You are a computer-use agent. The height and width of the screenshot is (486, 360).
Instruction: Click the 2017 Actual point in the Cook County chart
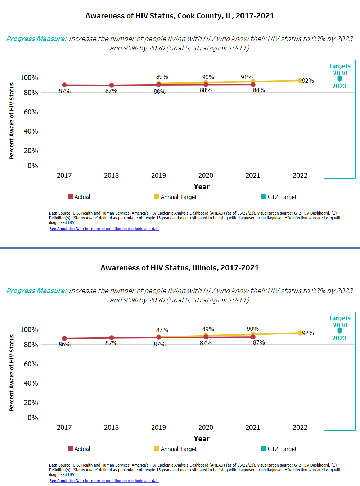click(x=64, y=85)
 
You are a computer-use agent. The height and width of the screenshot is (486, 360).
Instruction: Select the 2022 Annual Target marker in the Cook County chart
click(x=300, y=81)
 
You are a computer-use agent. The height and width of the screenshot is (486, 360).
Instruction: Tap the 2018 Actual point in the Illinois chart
click(x=111, y=338)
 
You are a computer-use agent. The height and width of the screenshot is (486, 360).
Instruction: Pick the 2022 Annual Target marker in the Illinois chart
click(x=300, y=333)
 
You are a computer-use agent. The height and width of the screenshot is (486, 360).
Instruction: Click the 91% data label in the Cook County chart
click(x=247, y=77)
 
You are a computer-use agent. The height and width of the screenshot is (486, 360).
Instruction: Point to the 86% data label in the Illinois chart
click(x=64, y=344)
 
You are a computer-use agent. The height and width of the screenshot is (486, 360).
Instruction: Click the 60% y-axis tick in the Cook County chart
click(x=31, y=112)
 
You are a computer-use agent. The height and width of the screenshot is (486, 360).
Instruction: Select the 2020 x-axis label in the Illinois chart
click(x=206, y=427)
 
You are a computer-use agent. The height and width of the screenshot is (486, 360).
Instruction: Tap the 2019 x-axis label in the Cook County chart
click(x=158, y=175)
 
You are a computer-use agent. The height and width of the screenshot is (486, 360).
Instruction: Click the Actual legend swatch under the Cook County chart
click(x=70, y=197)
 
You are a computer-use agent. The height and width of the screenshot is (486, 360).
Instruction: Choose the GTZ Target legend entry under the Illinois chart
click(x=279, y=449)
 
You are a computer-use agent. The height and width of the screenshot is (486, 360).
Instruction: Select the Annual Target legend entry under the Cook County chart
click(x=175, y=197)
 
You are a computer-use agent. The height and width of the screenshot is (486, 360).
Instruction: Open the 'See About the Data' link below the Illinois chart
click(x=104, y=481)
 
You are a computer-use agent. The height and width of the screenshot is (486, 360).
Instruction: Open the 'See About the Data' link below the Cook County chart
click(x=104, y=229)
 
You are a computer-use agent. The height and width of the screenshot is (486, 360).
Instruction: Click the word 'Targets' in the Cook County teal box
click(x=339, y=66)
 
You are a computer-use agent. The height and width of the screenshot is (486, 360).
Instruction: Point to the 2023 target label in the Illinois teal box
click(x=339, y=338)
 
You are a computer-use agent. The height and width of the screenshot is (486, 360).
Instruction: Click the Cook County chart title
click(x=180, y=16)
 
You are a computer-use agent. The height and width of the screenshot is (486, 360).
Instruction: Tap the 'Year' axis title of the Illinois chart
click(x=201, y=438)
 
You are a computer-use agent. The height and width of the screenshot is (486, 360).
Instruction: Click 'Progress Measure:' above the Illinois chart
click(x=36, y=291)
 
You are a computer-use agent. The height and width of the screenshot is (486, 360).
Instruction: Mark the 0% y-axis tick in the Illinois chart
click(x=33, y=418)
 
